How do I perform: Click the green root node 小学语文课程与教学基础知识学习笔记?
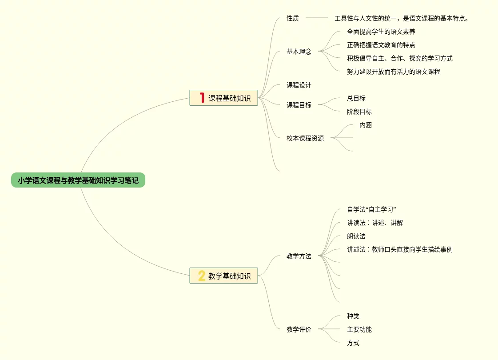tap(78, 180)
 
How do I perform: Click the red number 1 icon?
tap(202, 98)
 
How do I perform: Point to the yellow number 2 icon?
tap(202, 276)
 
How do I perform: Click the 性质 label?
tap(293, 18)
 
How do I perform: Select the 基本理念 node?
tap(299, 52)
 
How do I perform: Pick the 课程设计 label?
tap(299, 85)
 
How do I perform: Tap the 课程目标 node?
tap(299, 105)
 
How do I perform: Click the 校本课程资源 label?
tap(305, 138)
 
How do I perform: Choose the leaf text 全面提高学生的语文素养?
tap(381, 32)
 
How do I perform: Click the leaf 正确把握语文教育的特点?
tap(381, 45)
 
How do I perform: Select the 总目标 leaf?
tap(356, 98)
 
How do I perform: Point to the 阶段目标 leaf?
tap(359, 112)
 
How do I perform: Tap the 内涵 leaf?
tap(366, 125)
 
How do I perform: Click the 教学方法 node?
tap(299, 256)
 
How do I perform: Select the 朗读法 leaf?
tap(356, 236)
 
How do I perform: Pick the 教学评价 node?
tap(299, 329)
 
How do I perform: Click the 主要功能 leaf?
tap(359, 329)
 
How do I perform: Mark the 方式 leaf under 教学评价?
tap(353, 343)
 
